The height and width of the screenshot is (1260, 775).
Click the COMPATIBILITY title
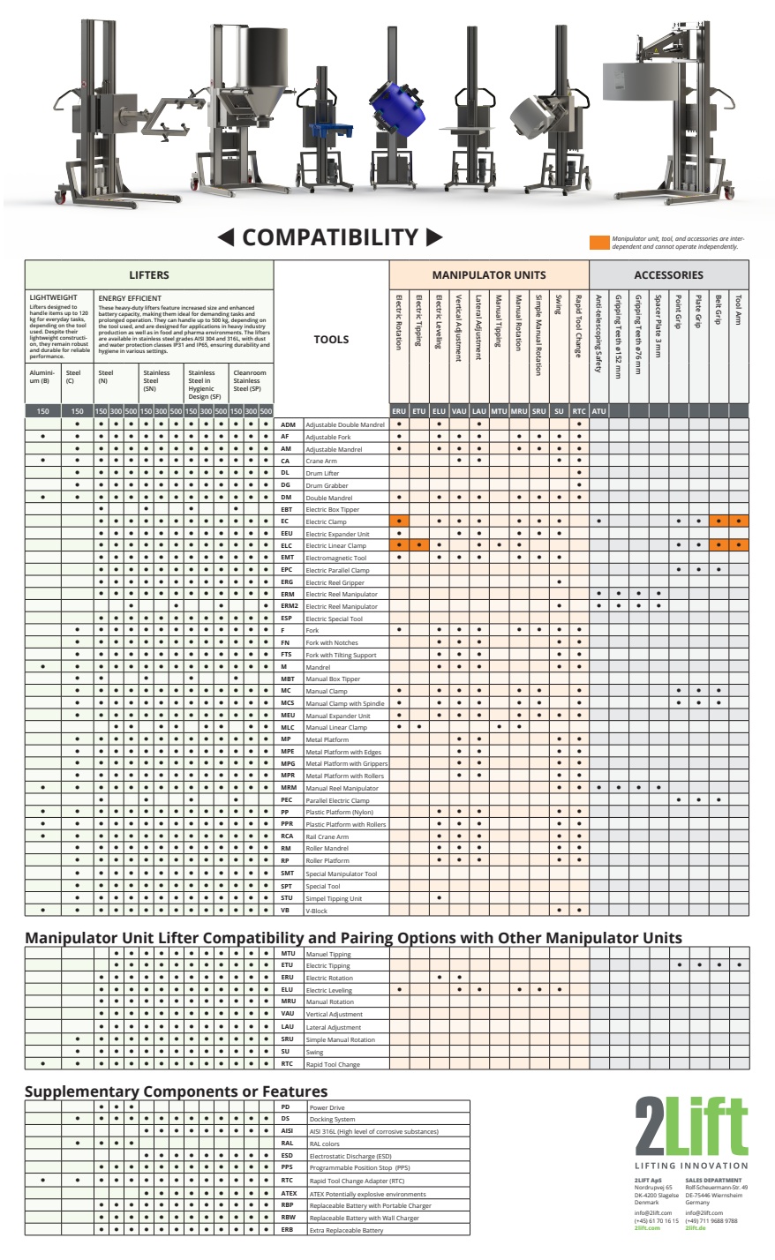coord(329,236)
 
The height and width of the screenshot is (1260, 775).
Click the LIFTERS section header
coord(148,275)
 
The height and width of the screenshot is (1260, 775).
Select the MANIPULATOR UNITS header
coord(488,275)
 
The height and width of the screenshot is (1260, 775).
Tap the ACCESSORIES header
coord(668,275)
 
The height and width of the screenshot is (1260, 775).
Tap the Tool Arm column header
coord(739,309)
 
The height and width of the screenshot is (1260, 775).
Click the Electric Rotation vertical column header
coord(399,322)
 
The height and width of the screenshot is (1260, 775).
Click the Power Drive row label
coord(321,1106)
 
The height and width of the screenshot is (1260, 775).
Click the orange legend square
coord(598,242)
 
